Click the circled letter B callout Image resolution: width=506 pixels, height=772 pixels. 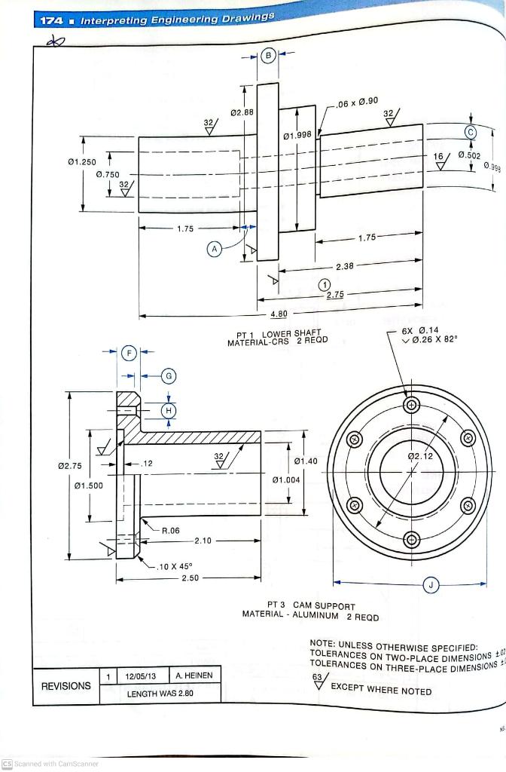268,56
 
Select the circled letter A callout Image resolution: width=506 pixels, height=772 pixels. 215,248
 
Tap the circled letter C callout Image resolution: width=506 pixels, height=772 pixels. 471,131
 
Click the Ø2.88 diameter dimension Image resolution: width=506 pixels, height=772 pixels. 242,112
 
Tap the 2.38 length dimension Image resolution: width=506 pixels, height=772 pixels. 344,266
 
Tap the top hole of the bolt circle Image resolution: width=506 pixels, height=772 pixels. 410,405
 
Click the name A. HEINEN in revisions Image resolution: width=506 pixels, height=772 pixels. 193,675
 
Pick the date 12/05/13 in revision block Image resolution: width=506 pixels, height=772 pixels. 141,675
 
